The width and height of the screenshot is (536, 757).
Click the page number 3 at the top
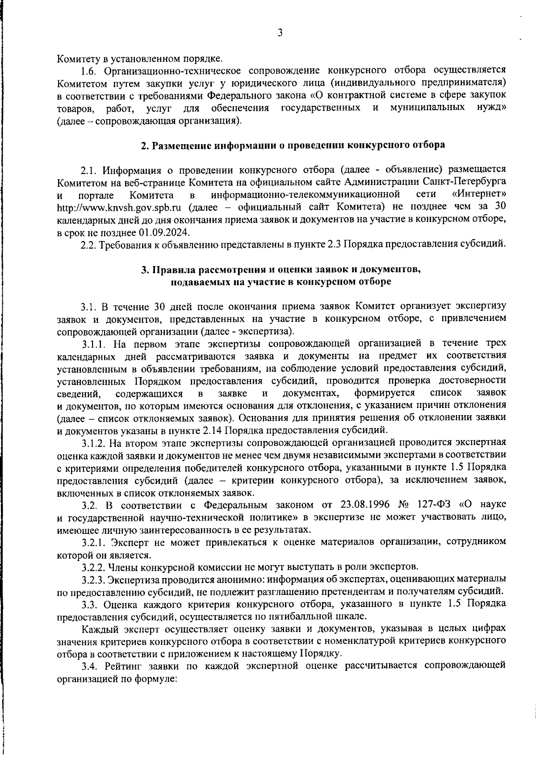point(280,33)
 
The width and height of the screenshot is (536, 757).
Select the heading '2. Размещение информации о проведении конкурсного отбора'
point(293,145)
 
